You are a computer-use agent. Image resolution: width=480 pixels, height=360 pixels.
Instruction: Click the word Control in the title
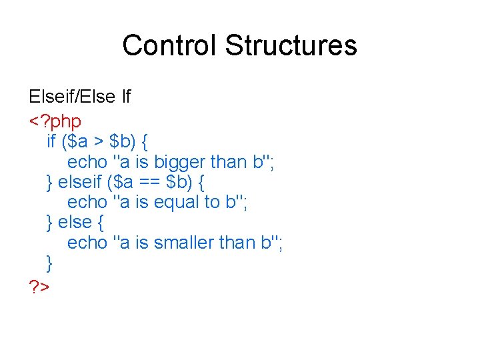[170, 45]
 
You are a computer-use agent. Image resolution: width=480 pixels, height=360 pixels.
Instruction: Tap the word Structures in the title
[291, 45]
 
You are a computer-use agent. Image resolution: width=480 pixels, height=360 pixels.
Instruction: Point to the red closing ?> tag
[39, 287]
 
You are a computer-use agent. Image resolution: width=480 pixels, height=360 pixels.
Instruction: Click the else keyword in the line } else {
[74, 222]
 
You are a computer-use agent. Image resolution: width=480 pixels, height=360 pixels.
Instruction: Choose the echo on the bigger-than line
[87, 162]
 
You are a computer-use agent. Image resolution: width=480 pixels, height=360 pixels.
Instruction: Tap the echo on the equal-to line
[87, 202]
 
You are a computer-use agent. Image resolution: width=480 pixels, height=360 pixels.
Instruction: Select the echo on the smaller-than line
[87, 243]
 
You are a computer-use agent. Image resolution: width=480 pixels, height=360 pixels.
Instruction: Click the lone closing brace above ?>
[50, 262]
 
